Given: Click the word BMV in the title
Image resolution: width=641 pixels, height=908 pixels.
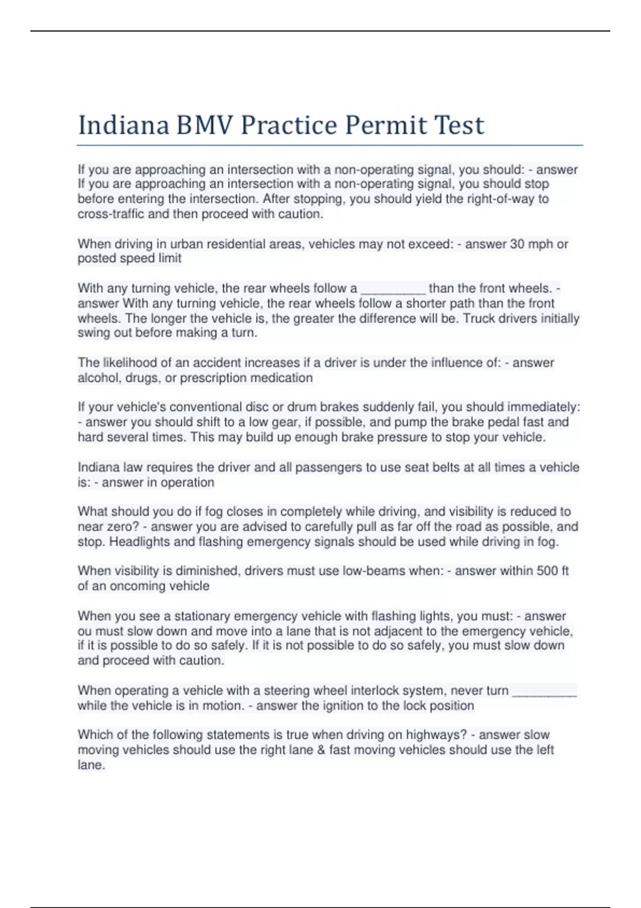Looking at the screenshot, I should click(205, 126).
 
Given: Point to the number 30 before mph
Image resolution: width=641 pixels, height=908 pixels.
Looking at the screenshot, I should click(517, 244).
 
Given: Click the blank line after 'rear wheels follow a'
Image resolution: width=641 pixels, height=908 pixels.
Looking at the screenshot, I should click(393, 289).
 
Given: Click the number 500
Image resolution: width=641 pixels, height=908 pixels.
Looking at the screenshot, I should click(547, 571).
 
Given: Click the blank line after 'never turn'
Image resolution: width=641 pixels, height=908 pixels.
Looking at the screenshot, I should click(544, 691).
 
